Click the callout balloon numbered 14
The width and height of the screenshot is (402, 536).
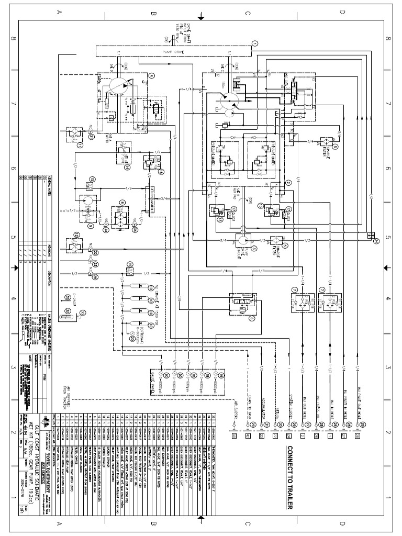pyautogui.click(x=127, y=167)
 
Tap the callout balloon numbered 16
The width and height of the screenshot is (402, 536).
pyautogui.click(x=161, y=172)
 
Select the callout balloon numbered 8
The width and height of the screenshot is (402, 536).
pyautogui.click(x=122, y=202)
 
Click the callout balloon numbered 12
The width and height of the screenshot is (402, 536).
pyautogui.click(x=76, y=234)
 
